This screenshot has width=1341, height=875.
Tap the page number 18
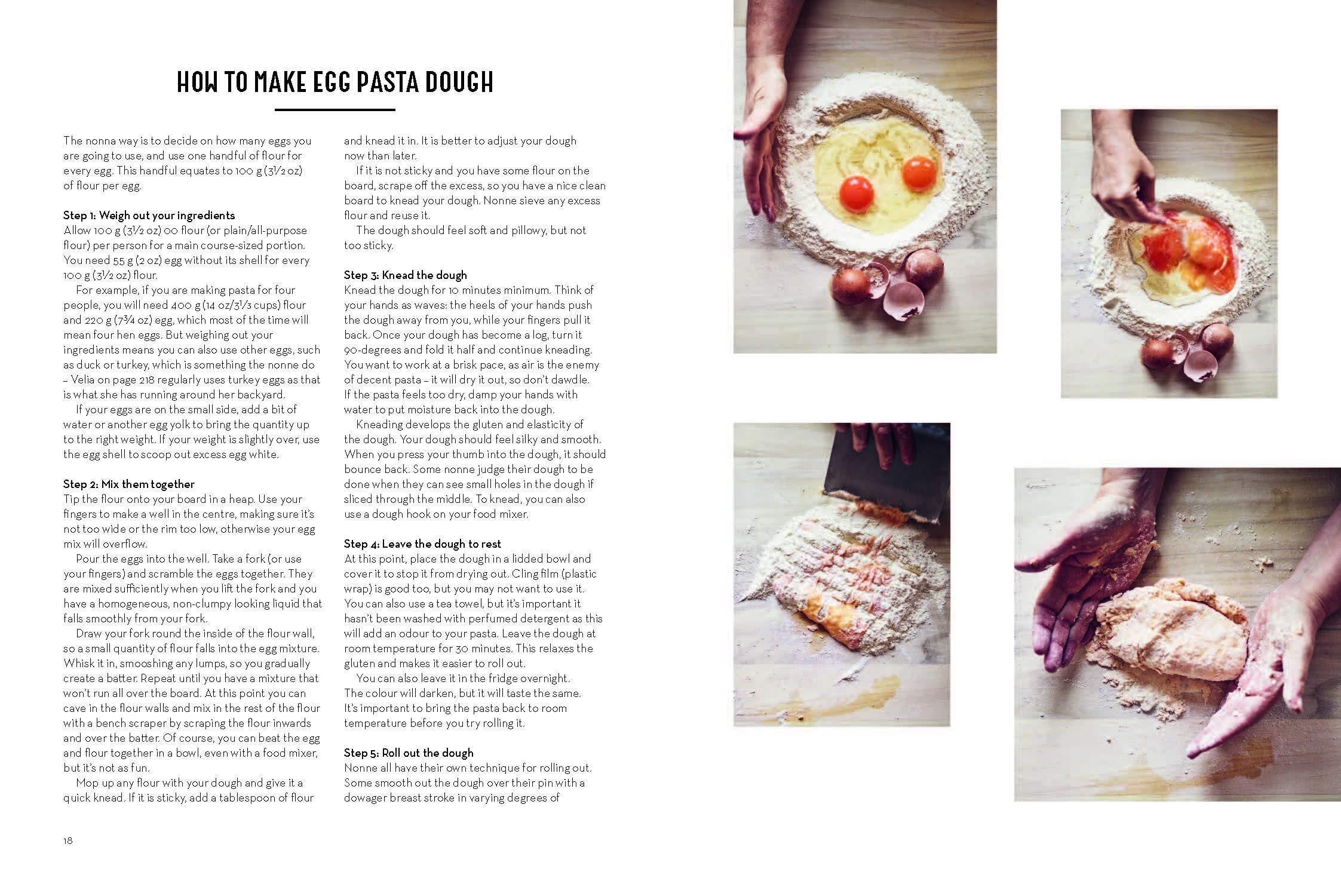tap(68, 840)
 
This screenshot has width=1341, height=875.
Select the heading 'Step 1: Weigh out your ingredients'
tap(149, 216)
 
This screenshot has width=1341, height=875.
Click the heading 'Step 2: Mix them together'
tap(129, 484)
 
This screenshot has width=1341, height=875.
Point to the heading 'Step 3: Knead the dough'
tap(406, 275)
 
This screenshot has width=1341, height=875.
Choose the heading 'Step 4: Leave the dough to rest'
tap(422, 544)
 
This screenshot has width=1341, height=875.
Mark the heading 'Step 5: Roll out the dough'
tap(409, 753)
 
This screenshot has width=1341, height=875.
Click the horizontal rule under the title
tap(335, 110)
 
